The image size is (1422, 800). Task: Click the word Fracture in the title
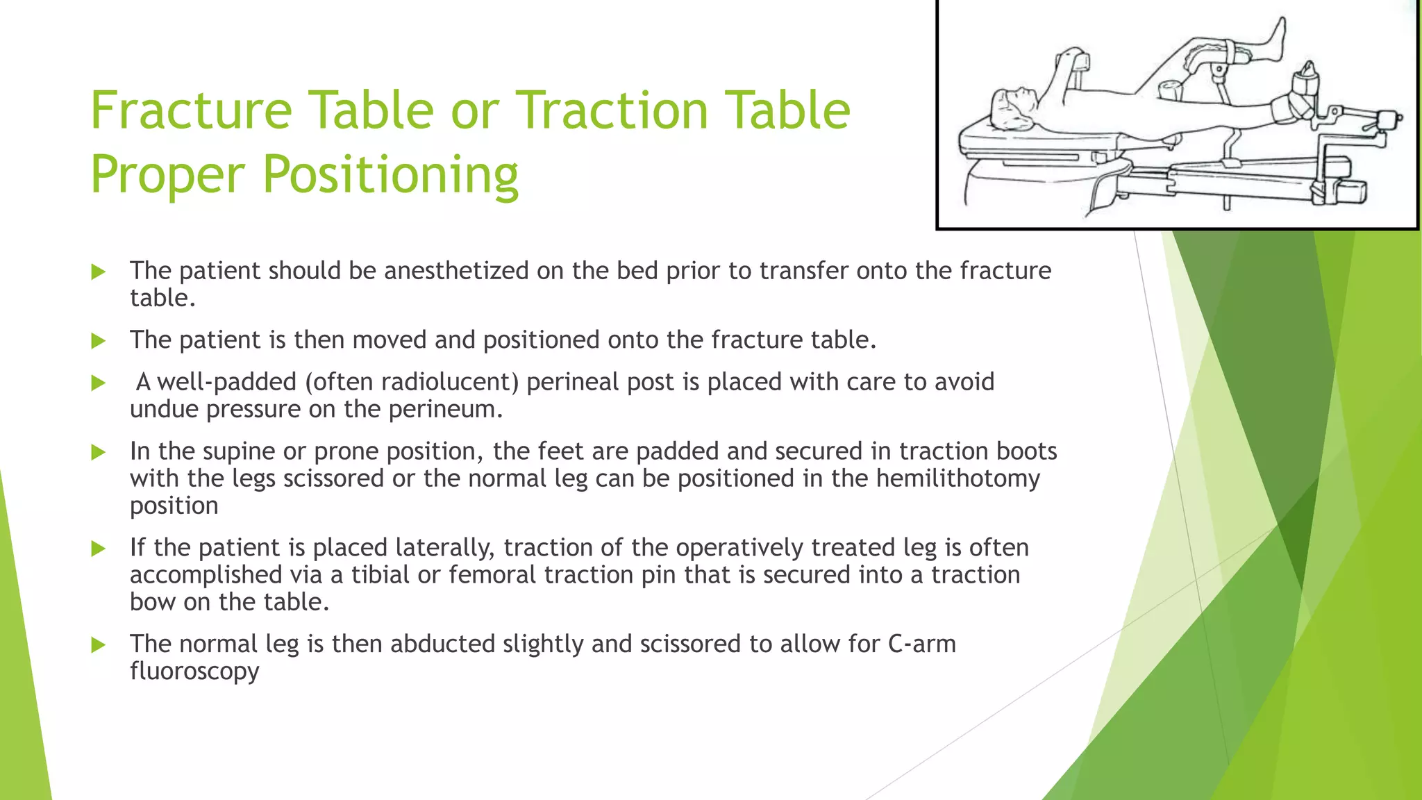tap(191, 110)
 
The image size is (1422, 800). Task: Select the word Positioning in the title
tap(390, 174)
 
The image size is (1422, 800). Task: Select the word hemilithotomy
tap(957, 478)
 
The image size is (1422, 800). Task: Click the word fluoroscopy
tap(194, 671)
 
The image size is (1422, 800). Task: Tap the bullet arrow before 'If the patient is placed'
tap(99, 549)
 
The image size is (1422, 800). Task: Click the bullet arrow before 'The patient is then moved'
tap(99, 341)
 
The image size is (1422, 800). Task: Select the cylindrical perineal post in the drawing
tap(1169, 90)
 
